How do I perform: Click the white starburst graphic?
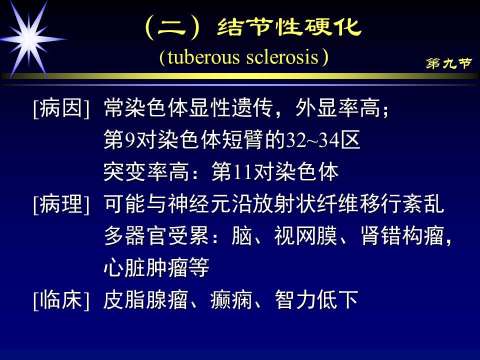pyautogui.click(x=29, y=39)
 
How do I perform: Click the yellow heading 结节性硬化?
pyautogui.click(x=289, y=27)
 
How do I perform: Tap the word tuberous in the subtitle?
pyautogui.click(x=203, y=57)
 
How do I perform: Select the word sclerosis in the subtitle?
pyautogui.click(x=282, y=57)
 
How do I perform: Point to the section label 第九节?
pyautogui.click(x=449, y=63)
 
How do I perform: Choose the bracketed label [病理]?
pyautogui.click(x=61, y=204)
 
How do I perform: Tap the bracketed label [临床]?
pyautogui.click(x=61, y=300)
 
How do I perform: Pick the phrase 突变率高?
pyautogui.click(x=146, y=172)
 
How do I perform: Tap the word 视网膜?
pyautogui.click(x=305, y=236)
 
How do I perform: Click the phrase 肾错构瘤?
pyautogui.click(x=402, y=236)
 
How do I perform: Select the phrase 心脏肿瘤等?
pyautogui.click(x=156, y=268)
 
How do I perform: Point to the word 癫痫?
pyautogui.click(x=231, y=300)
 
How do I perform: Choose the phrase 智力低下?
pyautogui.click(x=316, y=300)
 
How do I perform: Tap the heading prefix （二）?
pyautogui.click(x=172, y=27)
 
